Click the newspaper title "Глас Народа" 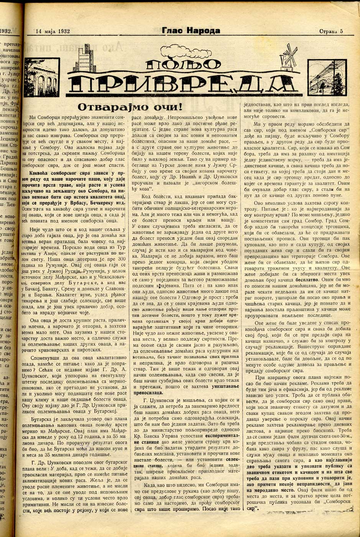191,31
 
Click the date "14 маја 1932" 53,31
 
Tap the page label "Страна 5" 331,31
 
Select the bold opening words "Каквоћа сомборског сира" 63,173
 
